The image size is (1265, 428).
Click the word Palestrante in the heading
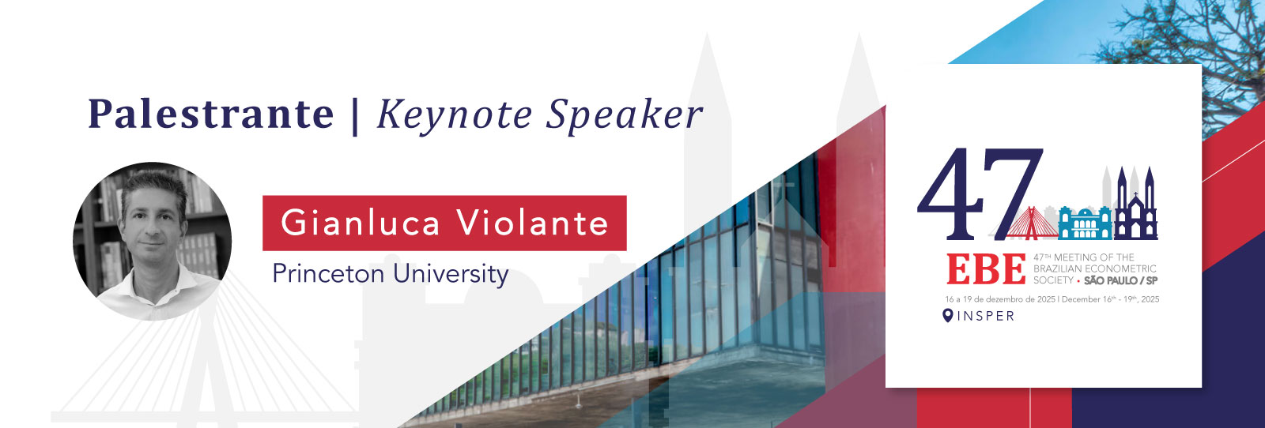tap(210, 114)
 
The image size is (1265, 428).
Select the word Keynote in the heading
tap(455, 116)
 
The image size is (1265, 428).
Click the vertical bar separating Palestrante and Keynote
tap(355, 116)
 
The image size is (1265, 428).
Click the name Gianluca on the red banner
tap(361, 223)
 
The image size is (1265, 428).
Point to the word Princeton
tap(329, 273)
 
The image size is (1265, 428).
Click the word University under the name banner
tap(451, 275)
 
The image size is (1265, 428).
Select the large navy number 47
tap(980, 193)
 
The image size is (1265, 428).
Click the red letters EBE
tap(986, 269)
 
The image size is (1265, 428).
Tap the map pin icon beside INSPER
tap(948, 315)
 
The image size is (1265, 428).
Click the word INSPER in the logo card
tap(985, 316)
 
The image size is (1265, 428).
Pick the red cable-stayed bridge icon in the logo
tap(1032, 223)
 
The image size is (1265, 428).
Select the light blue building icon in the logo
tap(1085, 223)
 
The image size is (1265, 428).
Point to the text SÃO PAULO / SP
tap(1121, 280)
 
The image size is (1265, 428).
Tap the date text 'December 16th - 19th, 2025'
tap(1110, 298)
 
